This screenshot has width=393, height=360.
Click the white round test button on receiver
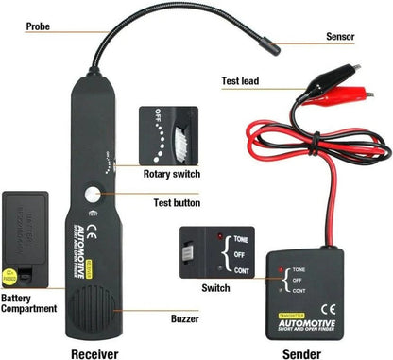click(x=93, y=196)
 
